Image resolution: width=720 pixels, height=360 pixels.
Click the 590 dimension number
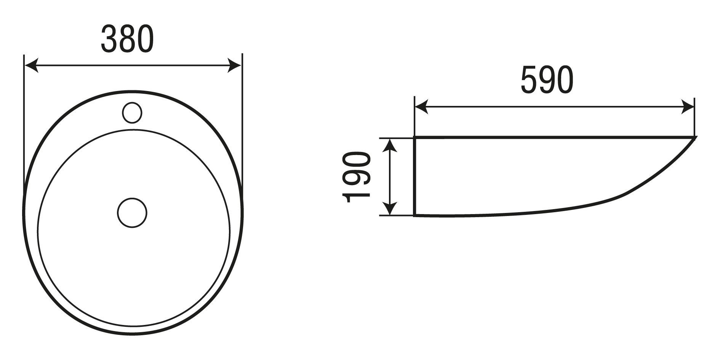pos(547,80)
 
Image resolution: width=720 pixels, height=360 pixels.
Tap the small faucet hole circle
pos(132,112)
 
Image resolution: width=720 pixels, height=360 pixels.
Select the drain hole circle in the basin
pos(132,213)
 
